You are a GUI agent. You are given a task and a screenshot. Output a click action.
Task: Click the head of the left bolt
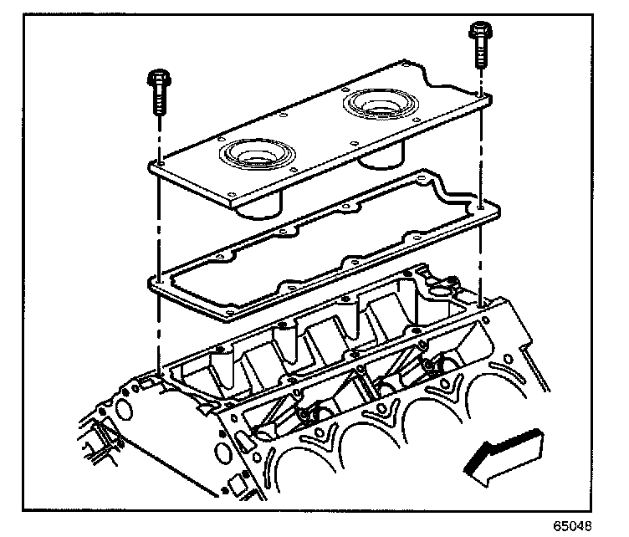(158, 80)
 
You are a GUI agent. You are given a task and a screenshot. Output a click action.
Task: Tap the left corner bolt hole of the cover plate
(158, 166)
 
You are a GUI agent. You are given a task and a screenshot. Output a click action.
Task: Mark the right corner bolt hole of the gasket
(478, 205)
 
